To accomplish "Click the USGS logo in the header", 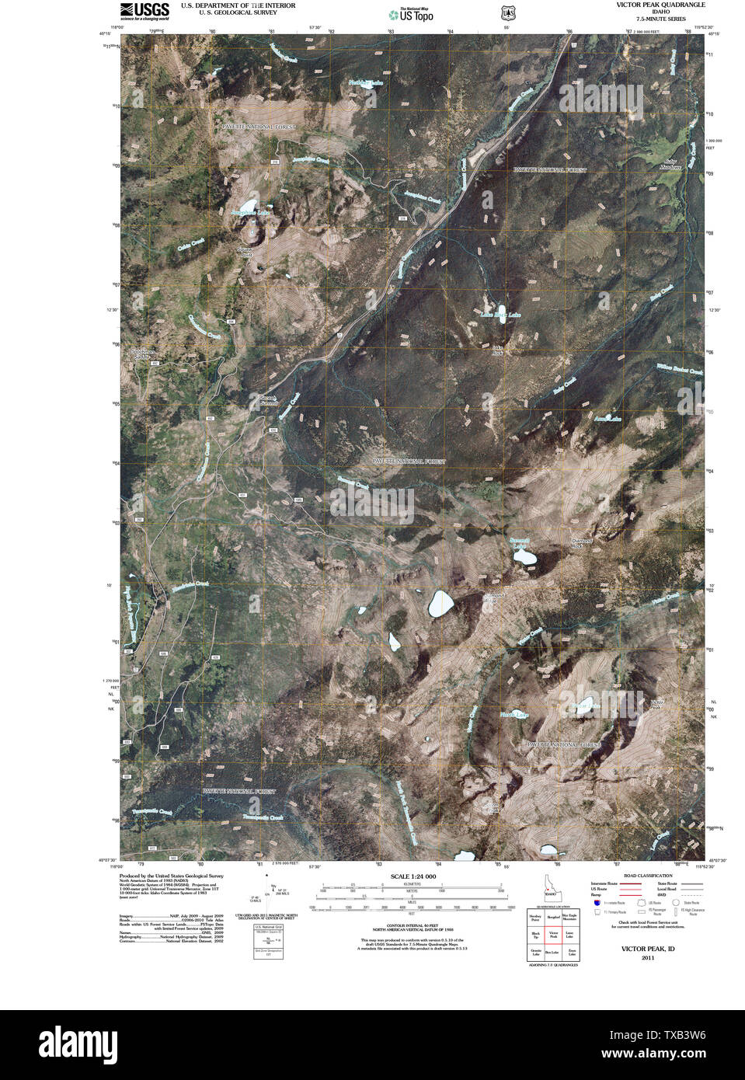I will point(144,10).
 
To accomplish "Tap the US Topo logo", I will point(412,14).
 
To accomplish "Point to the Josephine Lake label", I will point(250,212).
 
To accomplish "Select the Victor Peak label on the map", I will point(656,704).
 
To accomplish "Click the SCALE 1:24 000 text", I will point(413,876).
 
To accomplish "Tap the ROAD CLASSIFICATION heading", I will point(641,876).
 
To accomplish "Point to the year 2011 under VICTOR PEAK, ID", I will point(647,957).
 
